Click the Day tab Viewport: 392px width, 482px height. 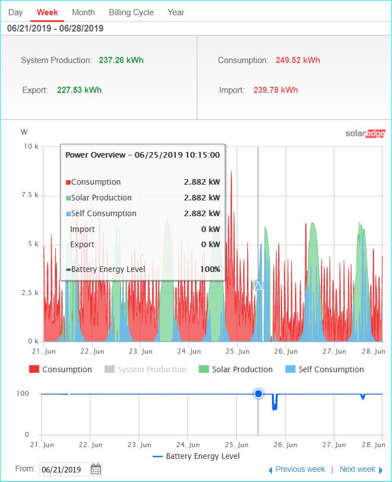pos(15,12)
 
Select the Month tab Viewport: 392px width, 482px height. pos(83,12)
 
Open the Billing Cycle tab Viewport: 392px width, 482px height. pos(131,12)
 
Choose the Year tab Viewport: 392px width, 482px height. pos(176,12)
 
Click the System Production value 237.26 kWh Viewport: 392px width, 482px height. pos(121,60)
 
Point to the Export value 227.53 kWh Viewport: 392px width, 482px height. pos(79,90)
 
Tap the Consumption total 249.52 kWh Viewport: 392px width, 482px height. pos(297,60)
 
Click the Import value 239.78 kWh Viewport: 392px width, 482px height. pos(275,90)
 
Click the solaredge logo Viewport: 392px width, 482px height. pos(366,133)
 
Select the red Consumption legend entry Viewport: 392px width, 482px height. pos(61,369)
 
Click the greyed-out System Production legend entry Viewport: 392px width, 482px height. pos(145,369)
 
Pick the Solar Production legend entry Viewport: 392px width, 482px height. pos(236,369)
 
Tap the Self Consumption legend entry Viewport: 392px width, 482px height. pos(324,369)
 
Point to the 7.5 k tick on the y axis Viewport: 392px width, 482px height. pos(30,195)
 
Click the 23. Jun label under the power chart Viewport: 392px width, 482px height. pos(140,351)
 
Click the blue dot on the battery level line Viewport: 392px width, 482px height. pos(259,394)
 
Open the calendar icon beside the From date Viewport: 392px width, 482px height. pos(96,469)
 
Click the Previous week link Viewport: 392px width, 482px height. pos(297,470)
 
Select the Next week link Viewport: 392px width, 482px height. pos(361,470)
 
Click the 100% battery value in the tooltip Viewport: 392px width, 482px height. pos(210,269)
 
